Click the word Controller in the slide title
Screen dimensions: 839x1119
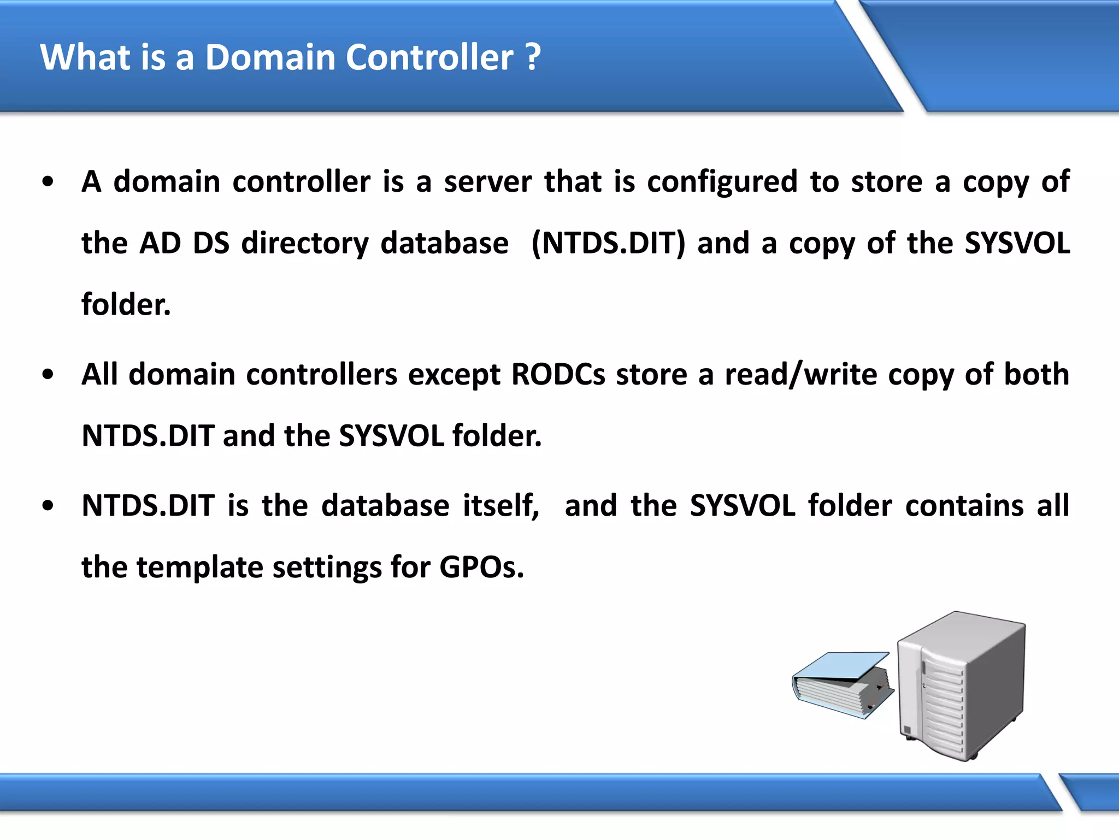pyautogui.click(x=429, y=57)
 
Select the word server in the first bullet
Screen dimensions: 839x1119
pyautogui.click(x=487, y=182)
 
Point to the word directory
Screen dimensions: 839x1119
pyautogui.click(x=305, y=244)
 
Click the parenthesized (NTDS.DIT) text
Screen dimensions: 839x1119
pyautogui.click(x=608, y=244)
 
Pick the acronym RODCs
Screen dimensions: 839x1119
pyautogui.click(x=558, y=375)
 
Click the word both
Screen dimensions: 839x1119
pyautogui.click(x=1036, y=375)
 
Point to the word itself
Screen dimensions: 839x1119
pyautogui.click(x=500, y=506)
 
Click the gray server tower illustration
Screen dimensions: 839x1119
pyautogui.click(x=962, y=686)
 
